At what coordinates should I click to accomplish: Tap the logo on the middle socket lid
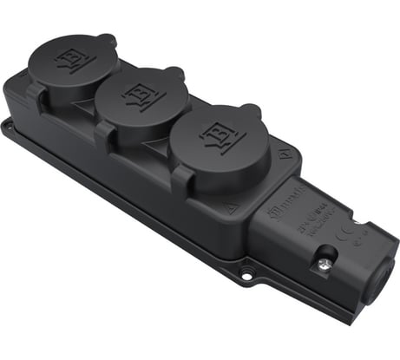point(139,94)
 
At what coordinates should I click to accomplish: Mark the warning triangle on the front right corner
point(231,209)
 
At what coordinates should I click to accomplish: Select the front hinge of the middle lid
point(104,131)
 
